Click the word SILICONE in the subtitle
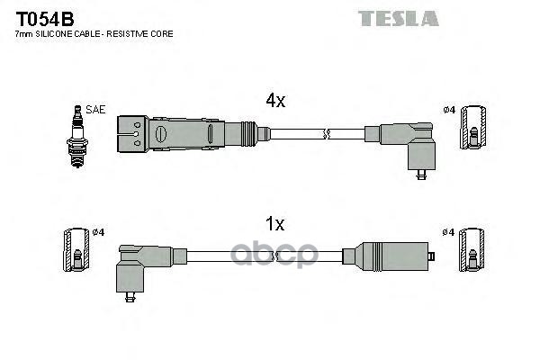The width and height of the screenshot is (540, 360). (x=65, y=33)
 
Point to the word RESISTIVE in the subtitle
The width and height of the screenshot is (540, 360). (x=134, y=33)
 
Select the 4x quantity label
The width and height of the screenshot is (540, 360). (x=274, y=102)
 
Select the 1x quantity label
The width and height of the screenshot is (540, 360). (x=274, y=222)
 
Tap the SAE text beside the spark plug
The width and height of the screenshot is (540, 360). (x=96, y=109)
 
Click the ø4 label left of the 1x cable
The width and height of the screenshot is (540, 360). (x=99, y=231)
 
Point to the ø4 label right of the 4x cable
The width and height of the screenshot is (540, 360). (x=448, y=111)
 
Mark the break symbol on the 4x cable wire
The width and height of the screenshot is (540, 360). (x=328, y=134)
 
